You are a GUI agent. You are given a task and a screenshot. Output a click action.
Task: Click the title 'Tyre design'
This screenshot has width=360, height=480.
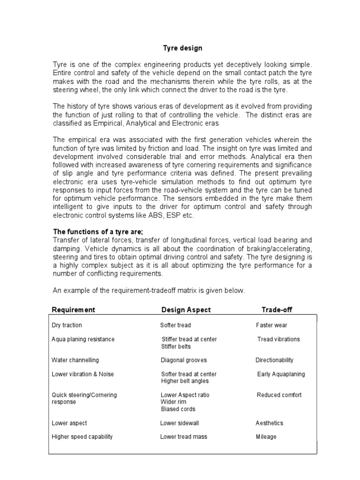pyautogui.click(x=182, y=48)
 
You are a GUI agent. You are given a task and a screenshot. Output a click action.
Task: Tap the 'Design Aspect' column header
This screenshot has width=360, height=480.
pyautogui.click(x=186, y=310)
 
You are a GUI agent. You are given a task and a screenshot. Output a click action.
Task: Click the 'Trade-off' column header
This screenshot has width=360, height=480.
pyautogui.click(x=277, y=310)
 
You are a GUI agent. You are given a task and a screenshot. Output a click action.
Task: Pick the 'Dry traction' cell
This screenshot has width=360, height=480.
pyautogui.click(x=67, y=325)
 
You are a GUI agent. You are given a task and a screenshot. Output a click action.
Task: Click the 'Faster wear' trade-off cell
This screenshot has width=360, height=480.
pyautogui.click(x=271, y=325)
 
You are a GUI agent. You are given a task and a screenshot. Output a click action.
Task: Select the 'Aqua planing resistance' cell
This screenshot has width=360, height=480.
pyautogui.click(x=83, y=339)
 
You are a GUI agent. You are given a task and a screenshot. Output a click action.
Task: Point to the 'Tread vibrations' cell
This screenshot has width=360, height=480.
pyautogui.click(x=278, y=339)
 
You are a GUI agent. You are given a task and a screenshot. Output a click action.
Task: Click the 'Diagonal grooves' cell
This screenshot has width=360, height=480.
pyautogui.click(x=183, y=360)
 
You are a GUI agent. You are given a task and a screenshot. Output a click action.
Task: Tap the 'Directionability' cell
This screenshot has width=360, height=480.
pyautogui.click(x=274, y=360)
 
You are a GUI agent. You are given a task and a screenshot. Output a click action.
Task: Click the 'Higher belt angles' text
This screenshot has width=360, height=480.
pyautogui.click(x=185, y=381)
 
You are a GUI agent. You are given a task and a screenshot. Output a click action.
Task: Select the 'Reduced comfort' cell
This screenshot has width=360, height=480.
pyautogui.click(x=279, y=395)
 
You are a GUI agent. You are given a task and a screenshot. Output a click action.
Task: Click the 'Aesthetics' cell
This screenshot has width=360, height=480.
pyautogui.click(x=269, y=423)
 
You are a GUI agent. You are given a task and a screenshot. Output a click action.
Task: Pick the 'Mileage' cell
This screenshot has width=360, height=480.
pyautogui.click(x=266, y=437)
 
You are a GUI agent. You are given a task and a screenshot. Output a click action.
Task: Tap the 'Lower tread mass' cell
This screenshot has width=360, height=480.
pyautogui.click(x=183, y=437)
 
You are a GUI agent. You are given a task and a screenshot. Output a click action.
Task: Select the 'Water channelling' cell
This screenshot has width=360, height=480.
pyautogui.click(x=75, y=360)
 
